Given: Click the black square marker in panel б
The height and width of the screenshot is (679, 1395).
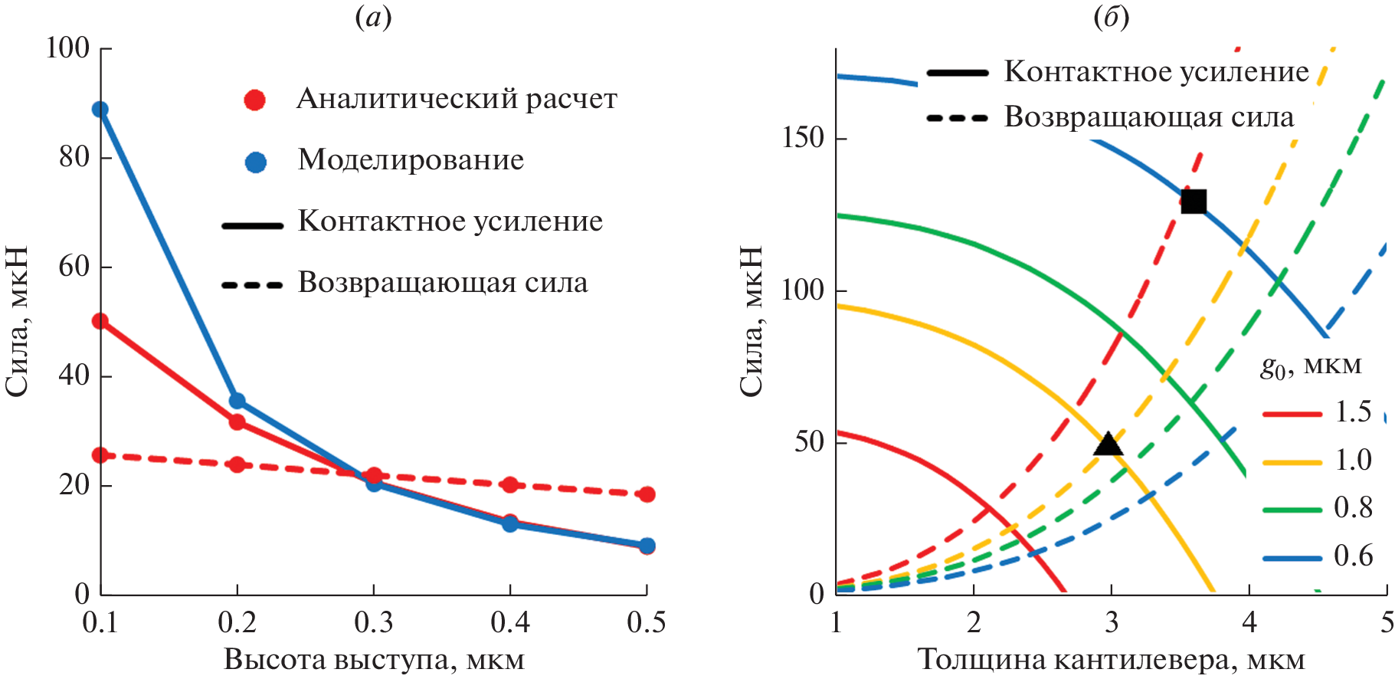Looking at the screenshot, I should [1193, 202].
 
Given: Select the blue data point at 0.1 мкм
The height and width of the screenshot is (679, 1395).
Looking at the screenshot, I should [100, 110].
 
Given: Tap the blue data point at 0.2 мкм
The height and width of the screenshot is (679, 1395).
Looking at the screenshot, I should [237, 401].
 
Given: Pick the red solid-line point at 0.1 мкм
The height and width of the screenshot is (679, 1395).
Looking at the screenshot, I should [100, 321].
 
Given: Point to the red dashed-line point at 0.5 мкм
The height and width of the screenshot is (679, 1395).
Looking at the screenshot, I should [647, 494].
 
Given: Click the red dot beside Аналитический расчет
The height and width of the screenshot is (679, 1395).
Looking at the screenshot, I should [254, 100].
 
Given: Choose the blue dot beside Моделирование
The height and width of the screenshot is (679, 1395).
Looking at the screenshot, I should [255, 162].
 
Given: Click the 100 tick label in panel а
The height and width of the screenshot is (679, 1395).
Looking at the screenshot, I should [67, 48].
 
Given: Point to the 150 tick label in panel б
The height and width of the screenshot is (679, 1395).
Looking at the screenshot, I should [803, 138].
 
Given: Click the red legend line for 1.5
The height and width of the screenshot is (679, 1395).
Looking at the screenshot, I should [1292, 414].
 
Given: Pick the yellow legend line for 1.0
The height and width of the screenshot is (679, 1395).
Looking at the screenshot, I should [1292, 462].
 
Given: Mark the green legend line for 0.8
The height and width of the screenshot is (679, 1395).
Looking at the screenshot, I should [1292, 510].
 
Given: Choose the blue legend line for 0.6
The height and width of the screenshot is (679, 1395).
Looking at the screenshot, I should [1292, 558].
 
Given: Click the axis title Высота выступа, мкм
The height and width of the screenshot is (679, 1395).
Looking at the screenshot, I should [374, 660].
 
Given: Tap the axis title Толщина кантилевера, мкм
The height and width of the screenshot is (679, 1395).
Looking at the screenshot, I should [1111, 660].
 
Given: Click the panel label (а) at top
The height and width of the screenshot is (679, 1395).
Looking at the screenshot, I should [374, 17].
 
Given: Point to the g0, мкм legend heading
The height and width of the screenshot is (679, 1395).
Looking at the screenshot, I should [1311, 366].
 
